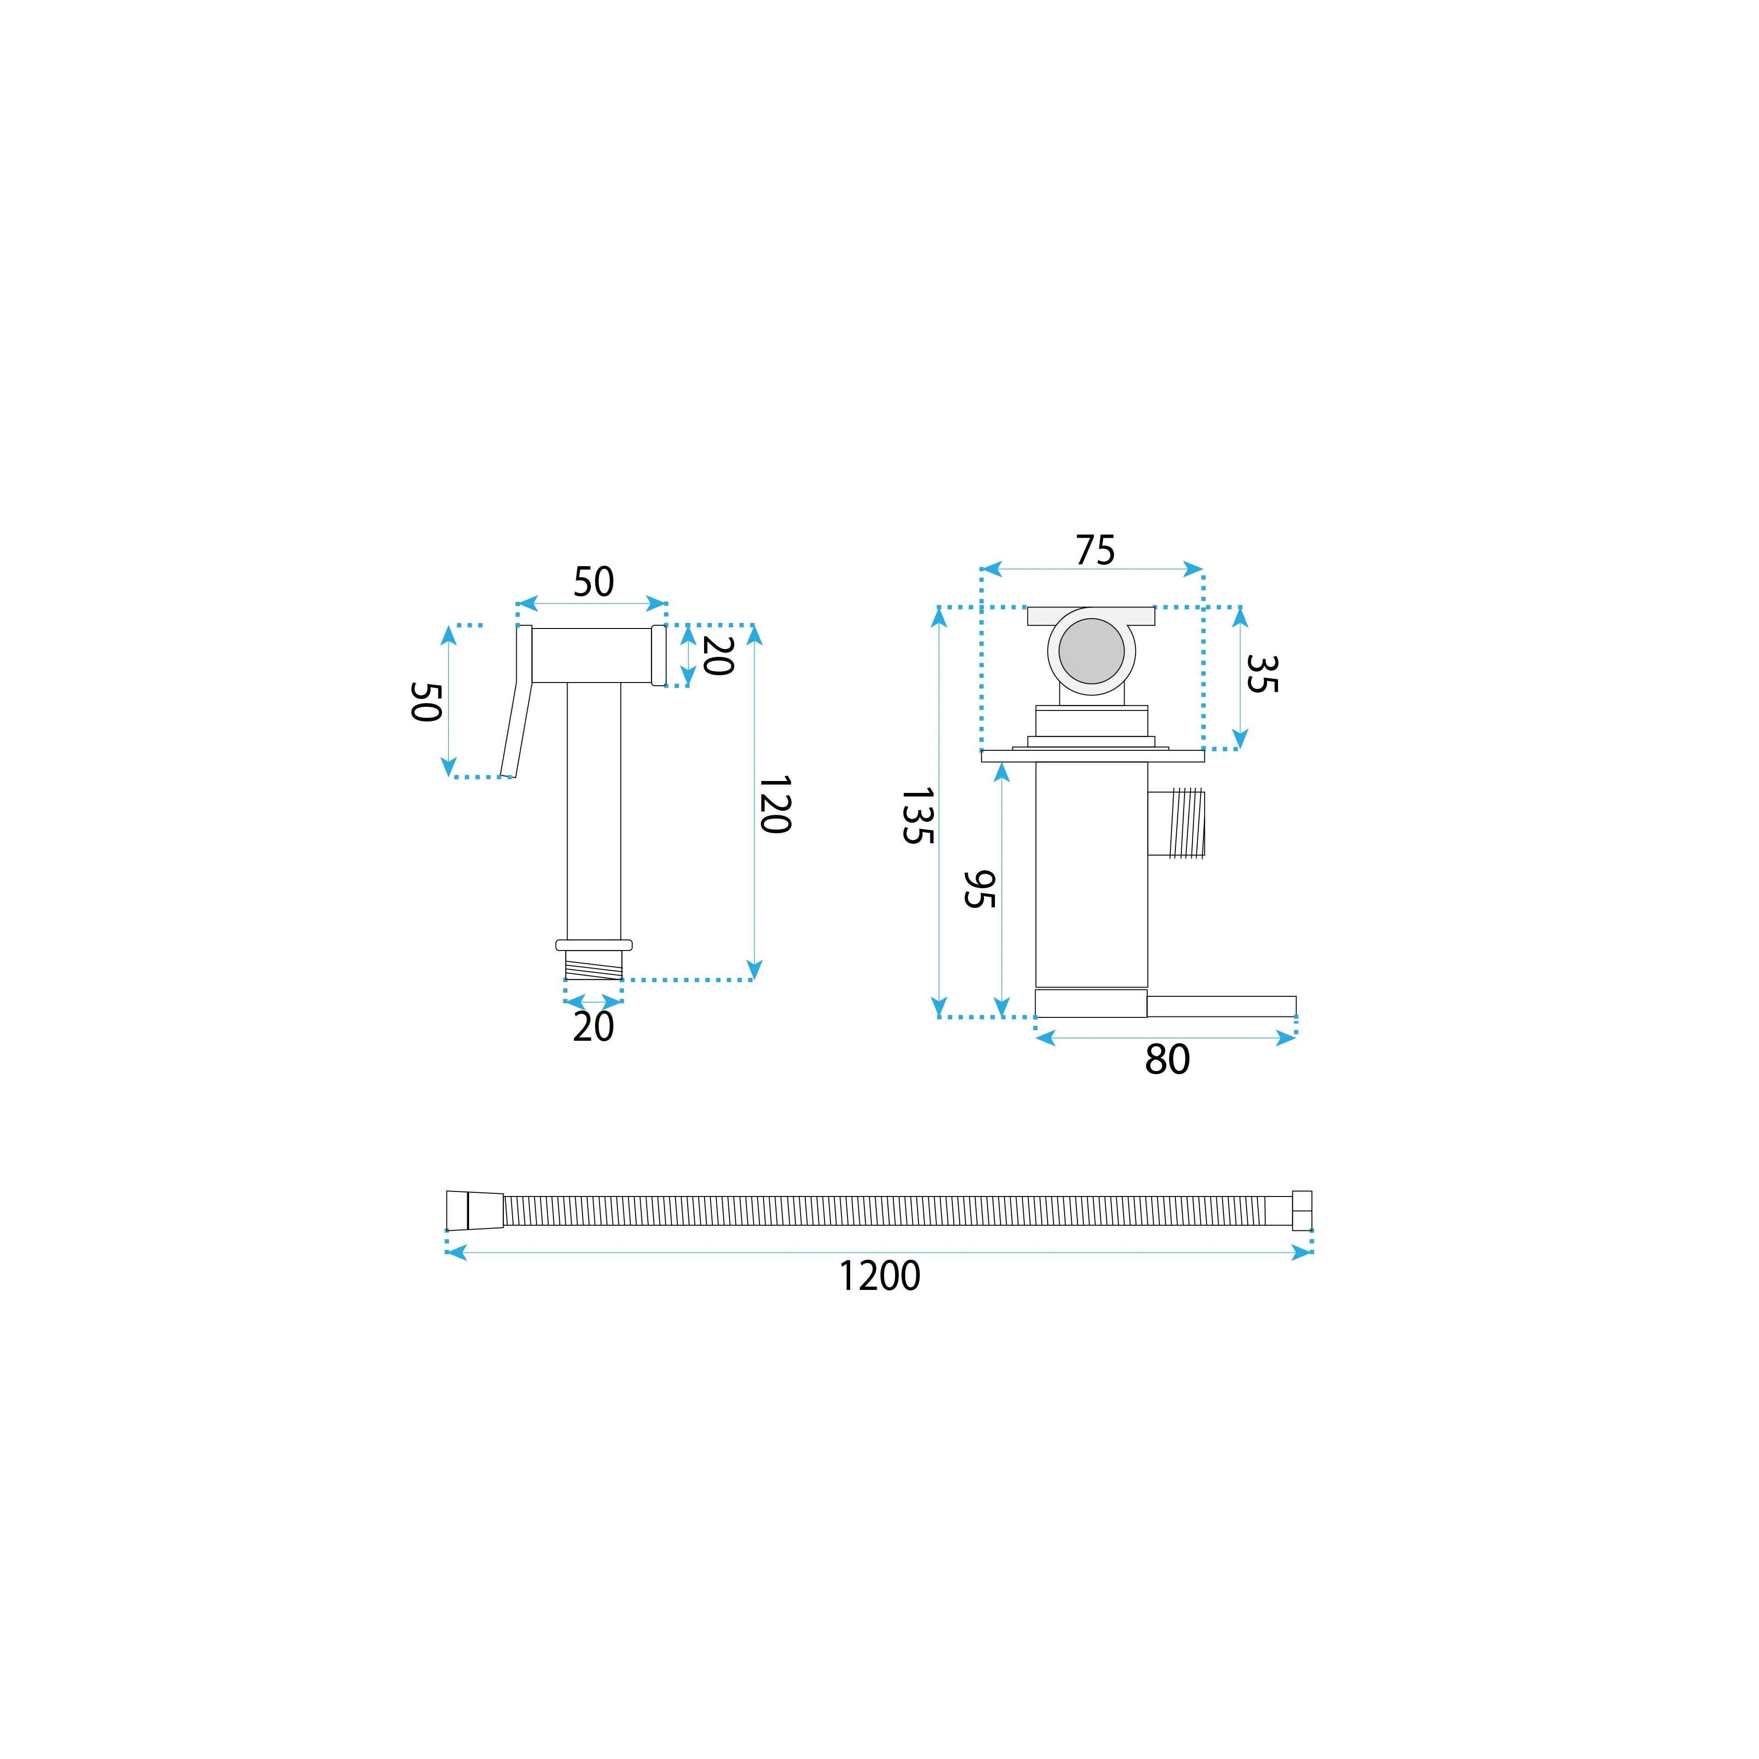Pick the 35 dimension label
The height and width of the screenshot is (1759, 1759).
point(1262,674)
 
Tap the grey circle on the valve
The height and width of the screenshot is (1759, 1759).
point(1092,651)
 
